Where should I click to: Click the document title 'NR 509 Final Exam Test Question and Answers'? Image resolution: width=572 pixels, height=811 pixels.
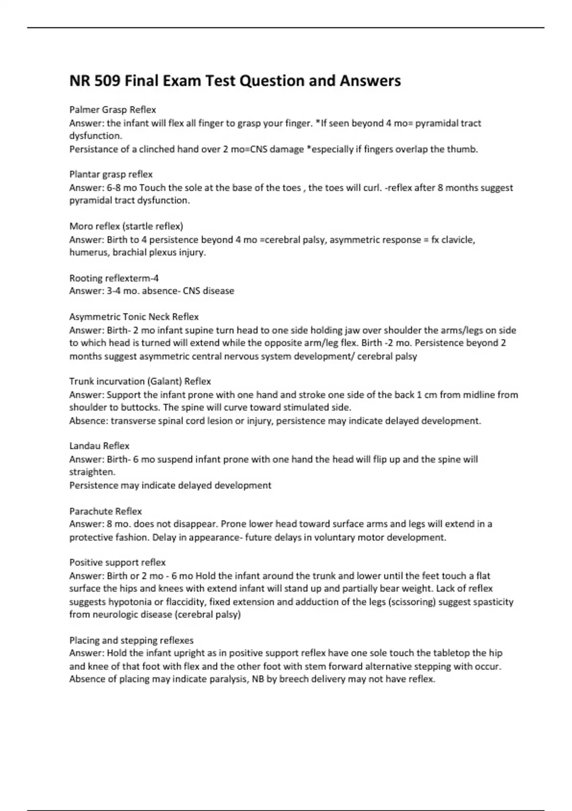pyautogui.click(x=235, y=81)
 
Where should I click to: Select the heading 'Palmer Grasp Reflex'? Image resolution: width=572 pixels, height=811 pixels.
pyautogui.click(x=112, y=110)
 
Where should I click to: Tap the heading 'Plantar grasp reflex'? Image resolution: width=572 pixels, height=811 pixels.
pyautogui.click(x=111, y=174)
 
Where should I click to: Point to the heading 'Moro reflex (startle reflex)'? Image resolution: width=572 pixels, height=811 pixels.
pyautogui.click(x=126, y=226)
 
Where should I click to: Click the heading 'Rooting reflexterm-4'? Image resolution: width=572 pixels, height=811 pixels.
pyautogui.click(x=114, y=278)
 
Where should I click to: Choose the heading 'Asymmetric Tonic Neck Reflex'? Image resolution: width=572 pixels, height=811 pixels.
pyautogui.click(x=134, y=317)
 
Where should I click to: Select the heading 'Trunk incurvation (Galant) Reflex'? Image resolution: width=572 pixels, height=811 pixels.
pyautogui.click(x=140, y=381)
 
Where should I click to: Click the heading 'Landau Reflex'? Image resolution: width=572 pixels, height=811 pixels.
pyautogui.click(x=99, y=446)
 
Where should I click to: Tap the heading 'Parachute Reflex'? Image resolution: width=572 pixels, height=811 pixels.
pyautogui.click(x=105, y=511)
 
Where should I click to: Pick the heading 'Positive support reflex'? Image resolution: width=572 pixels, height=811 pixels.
pyautogui.click(x=117, y=562)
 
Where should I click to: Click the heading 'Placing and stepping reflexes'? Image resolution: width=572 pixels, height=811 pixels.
pyautogui.click(x=131, y=640)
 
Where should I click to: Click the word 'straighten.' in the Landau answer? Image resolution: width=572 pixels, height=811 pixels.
pyautogui.click(x=92, y=472)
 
